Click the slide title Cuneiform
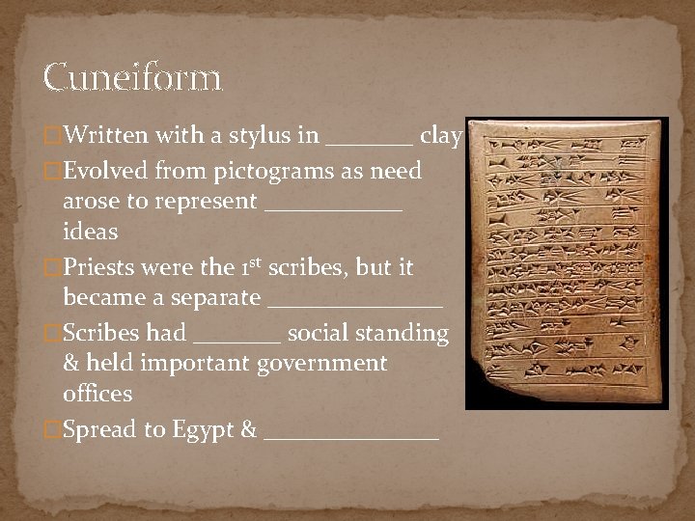click(x=133, y=77)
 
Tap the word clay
click(x=442, y=136)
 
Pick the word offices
click(x=97, y=394)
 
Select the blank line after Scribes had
click(x=237, y=340)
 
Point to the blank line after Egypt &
click(x=350, y=437)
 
